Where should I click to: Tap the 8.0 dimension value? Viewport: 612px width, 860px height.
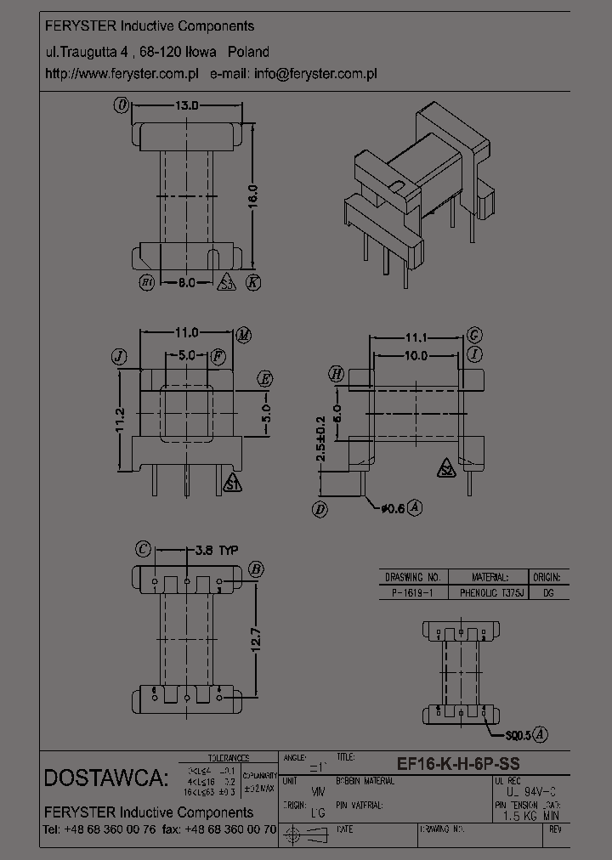click(187, 282)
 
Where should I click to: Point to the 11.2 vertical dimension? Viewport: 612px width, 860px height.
click(120, 420)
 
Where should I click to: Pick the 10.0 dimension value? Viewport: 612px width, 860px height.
click(416, 356)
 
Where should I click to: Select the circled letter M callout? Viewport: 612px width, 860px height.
click(244, 335)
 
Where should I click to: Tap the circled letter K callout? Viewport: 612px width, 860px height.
click(252, 283)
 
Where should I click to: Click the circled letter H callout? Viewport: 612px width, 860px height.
click(337, 374)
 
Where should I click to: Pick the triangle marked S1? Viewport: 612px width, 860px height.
click(231, 484)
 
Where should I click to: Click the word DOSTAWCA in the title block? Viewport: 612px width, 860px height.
click(105, 778)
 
